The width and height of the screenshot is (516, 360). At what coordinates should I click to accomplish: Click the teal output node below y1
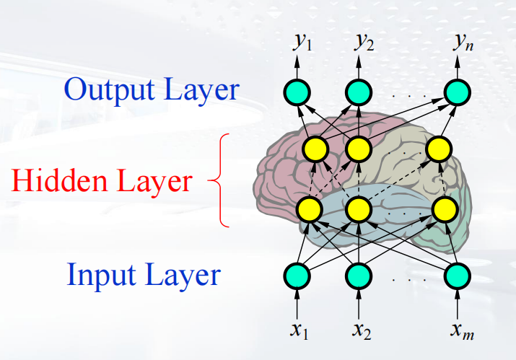(297, 92)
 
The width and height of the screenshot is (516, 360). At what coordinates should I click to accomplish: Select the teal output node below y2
(358, 92)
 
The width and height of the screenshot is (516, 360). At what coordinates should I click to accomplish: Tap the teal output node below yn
(457, 92)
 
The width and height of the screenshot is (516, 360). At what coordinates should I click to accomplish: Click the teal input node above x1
(297, 275)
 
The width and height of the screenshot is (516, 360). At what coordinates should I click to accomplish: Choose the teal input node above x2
(358, 275)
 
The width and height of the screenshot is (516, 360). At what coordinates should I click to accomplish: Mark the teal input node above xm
(457, 275)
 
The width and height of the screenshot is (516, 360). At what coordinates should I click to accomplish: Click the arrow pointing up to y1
(297, 66)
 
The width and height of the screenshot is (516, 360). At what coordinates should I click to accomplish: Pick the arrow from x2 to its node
(358, 302)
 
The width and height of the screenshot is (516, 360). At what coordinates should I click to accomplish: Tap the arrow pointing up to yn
(457, 66)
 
